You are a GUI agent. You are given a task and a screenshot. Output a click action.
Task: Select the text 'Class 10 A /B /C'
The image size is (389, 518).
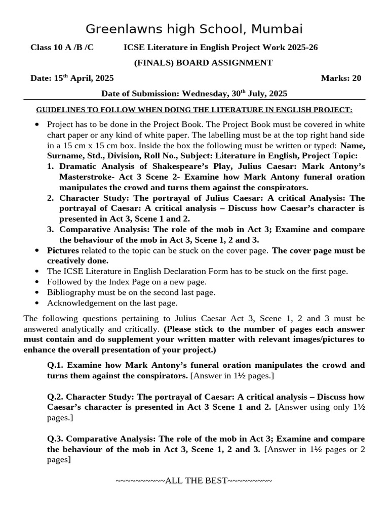coord(62,48)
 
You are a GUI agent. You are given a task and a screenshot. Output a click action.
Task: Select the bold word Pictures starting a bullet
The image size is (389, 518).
coord(63,250)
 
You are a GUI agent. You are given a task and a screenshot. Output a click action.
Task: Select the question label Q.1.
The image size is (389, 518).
coord(56,365)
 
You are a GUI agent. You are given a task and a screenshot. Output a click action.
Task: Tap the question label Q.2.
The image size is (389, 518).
coord(56,397)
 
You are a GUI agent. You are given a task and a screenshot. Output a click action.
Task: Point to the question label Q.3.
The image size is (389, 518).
coord(56,439)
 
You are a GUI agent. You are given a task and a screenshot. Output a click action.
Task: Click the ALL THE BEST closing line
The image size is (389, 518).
coord(194,480)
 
